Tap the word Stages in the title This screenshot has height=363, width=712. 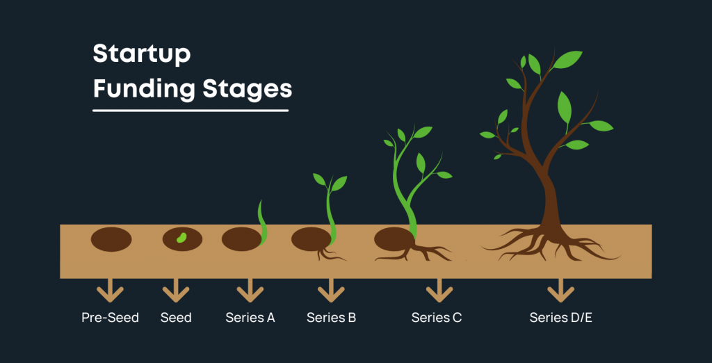[248, 90]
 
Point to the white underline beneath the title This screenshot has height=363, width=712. [191, 111]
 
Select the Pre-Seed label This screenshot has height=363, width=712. [111, 318]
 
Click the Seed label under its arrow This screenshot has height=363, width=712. [176, 318]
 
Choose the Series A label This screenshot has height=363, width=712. [250, 318]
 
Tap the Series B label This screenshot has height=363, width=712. [331, 318]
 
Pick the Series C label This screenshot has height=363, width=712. [437, 318]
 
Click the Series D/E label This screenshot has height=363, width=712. [561, 318]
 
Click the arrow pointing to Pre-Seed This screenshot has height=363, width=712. [111, 291]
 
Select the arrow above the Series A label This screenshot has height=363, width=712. [250, 291]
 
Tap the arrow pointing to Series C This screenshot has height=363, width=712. [439, 291]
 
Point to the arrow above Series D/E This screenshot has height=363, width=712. [561, 291]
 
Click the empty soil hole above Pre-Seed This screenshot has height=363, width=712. [111, 239]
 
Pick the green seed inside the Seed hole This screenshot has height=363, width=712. [181, 238]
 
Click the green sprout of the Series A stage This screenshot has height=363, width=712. [262, 223]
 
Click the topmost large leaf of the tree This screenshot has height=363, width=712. [567, 60]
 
